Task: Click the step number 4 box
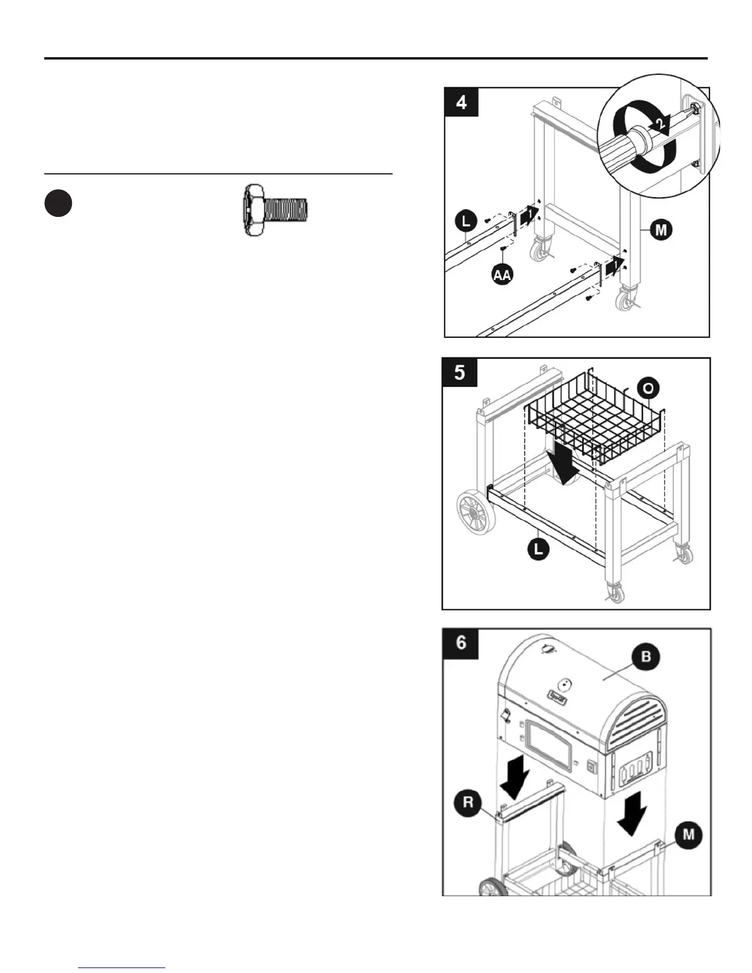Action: (461, 103)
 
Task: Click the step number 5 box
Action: (460, 372)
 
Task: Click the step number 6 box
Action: (461, 643)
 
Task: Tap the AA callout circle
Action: (503, 275)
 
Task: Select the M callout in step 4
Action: (661, 230)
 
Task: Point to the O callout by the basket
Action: (648, 388)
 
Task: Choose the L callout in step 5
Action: (539, 549)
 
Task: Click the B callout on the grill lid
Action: (646, 657)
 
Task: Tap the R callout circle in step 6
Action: (468, 803)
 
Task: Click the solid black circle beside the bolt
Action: (58, 204)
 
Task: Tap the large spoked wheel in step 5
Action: (477, 511)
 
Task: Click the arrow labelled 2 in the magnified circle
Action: (659, 125)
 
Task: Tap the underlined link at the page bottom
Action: (122, 967)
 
